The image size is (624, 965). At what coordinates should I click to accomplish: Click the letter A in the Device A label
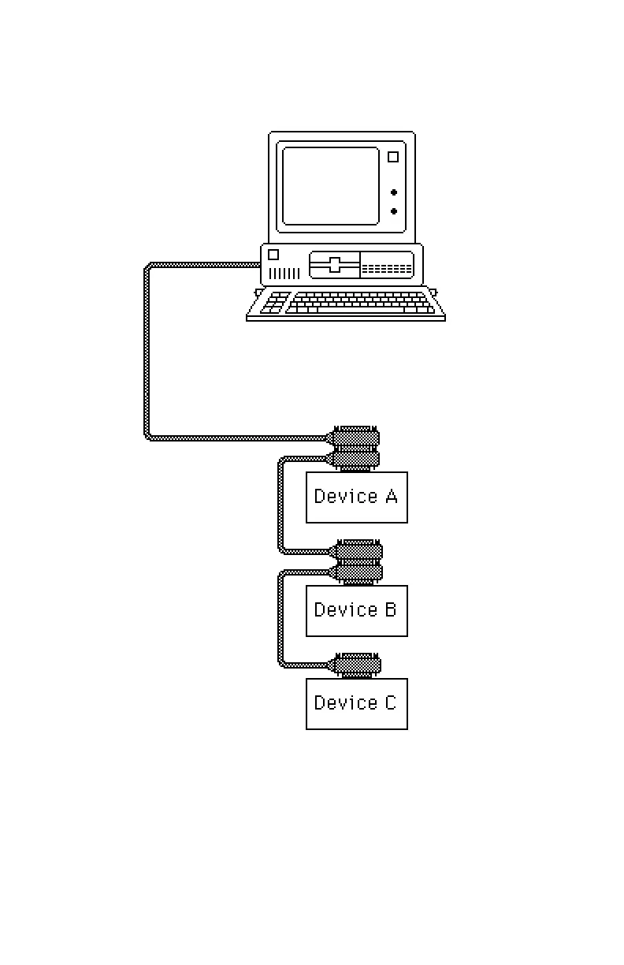(390, 496)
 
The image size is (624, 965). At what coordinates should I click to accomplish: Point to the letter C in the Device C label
(390, 702)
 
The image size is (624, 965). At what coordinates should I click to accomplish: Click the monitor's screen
(331, 186)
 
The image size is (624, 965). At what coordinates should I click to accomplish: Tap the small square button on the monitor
(393, 157)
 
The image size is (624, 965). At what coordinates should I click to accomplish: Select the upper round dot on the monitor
(394, 192)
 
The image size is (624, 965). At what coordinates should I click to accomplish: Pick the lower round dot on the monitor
(394, 211)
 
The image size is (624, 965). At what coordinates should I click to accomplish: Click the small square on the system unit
(273, 255)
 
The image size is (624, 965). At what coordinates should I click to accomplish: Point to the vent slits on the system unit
(284, 273)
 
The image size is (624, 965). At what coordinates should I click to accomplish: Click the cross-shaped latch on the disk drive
(335, 265)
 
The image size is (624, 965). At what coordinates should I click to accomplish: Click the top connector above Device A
(355, 437)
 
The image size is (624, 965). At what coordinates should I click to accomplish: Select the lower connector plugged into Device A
(355, 458)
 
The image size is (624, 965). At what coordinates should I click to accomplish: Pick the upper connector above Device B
(358, 550)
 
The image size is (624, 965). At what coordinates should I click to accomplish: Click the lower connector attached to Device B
(358, 572)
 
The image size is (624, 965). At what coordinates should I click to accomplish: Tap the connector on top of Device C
(357, 665)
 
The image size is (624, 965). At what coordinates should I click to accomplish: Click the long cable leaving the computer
(147, 355)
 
